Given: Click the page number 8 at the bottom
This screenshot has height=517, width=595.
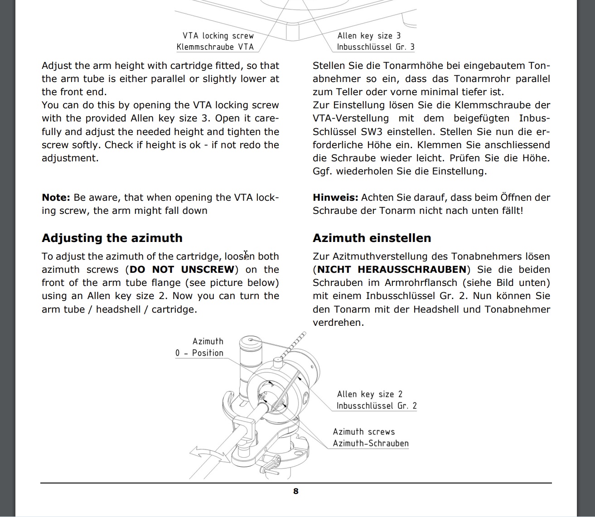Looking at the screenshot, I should coord(296,491).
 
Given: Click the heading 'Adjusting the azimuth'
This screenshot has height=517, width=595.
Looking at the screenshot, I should coord(112,238).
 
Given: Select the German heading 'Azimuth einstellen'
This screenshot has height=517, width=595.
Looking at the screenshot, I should coord(372,238).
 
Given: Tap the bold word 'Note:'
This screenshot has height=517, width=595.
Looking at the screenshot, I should coord(56,198).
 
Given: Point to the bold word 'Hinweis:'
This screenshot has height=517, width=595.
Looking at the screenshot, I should coord(335,198).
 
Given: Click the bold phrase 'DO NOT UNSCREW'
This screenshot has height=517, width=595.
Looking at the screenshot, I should coord(182,270).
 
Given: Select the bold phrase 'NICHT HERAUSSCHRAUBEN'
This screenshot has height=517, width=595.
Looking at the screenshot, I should coord(392,270).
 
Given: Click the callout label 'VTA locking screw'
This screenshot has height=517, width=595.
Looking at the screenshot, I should coord(218,36).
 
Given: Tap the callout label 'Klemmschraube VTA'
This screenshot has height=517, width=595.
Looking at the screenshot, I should coord(215,47).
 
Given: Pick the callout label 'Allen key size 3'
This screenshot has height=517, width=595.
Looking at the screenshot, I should coord(369,36).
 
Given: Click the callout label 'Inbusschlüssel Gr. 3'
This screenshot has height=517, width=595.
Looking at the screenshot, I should coord(375,47).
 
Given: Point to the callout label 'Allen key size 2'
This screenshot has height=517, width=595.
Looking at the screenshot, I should coord(369,394).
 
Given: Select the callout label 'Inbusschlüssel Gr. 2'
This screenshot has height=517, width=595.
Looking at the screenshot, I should coord(376,406).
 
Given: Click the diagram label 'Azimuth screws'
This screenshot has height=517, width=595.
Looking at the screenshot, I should coord(364,432).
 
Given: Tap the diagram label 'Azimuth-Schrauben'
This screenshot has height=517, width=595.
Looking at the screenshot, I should coord(371,444).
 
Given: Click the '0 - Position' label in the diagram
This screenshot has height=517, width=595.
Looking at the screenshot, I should coord(199,353).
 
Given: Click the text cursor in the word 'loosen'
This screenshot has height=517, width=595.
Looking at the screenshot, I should coord(246,255).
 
